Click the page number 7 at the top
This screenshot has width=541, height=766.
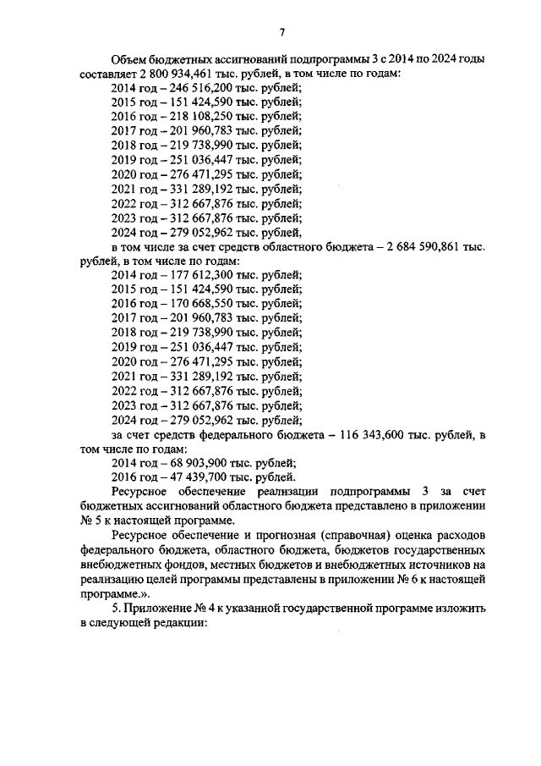[x=281, y=32]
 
